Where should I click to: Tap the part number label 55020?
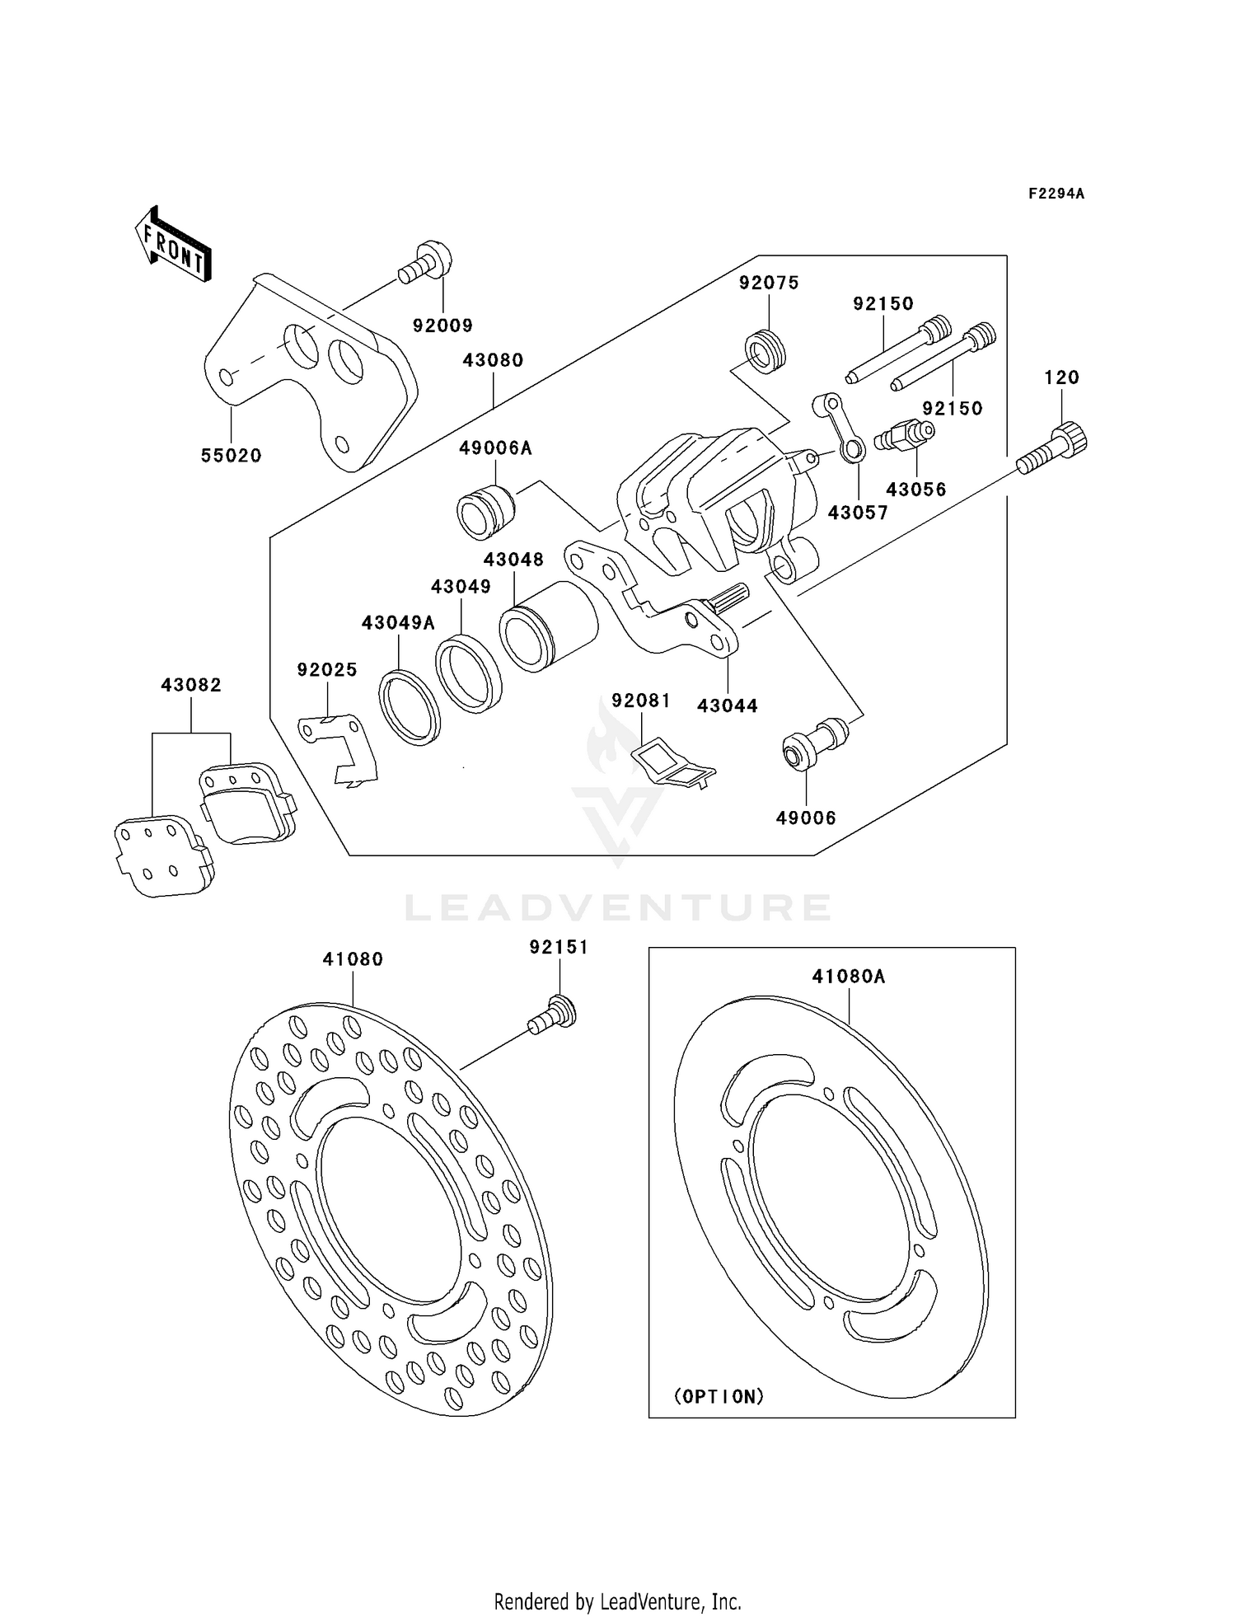(x=231, y=456)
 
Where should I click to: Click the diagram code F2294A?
(x=1056, y=194)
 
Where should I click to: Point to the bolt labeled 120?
(x=1055, y=448)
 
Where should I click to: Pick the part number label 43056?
(x=916, y=490)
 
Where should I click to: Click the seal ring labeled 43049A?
(x=410, y=708)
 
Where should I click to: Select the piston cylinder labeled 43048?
(x=548, y=626)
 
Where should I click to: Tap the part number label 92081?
(x=641, y=701)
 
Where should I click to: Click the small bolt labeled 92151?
(x=553, y=1014)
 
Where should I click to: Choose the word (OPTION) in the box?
(x=719, y=1396)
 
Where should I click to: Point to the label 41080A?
(x=848, y=977)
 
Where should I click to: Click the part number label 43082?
(x=191, y=685)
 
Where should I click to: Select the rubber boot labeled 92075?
(x=766, y=350)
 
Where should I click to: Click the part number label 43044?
(x=727, y=705)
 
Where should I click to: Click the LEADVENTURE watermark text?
(x=618, y=908)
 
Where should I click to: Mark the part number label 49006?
(x=806, y=818)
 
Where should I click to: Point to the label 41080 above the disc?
(x=353, y=959)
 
